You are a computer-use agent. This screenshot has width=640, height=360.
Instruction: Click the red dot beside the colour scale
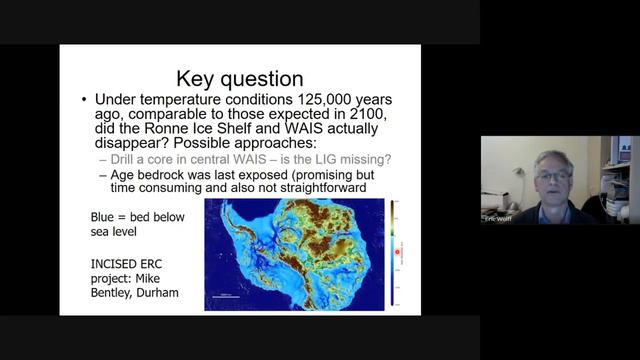397,251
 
